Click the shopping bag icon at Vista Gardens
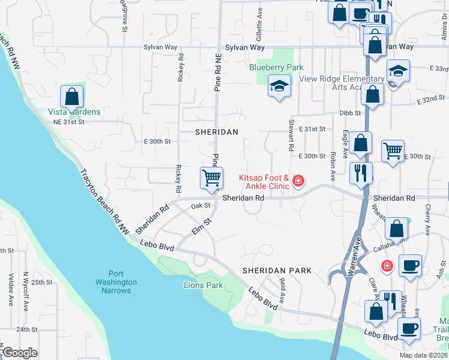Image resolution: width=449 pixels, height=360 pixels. pyautogui.click(x=72, y=97)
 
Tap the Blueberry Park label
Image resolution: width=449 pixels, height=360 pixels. pyautogui.click(x=276, y=68)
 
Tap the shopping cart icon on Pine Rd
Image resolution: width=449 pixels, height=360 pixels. pyautogui.click(x=211, y=178)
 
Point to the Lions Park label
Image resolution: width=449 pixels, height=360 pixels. pyautogui.click(x=203, y=285)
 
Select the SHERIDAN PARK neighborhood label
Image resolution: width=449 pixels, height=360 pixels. pyautogui.click(x=277, y=271)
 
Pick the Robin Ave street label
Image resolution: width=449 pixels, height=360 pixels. pyautogui.click(x=331, y=166)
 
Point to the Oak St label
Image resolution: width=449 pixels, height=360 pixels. pyautogui.click(x=200, y=206)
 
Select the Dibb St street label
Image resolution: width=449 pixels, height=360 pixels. pyautogui.click(x=349, y=112)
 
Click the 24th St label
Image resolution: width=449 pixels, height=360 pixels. pyautogui.click(x=27, y=329)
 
